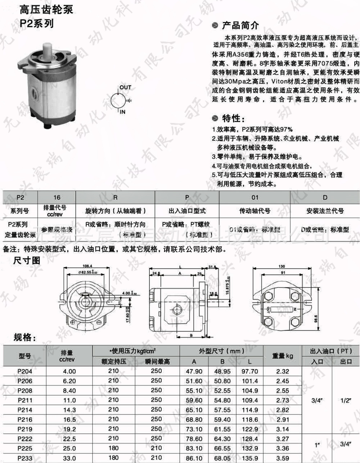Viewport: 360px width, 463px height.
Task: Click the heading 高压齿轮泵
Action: point(47,9)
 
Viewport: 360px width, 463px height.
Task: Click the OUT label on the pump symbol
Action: point(126,88)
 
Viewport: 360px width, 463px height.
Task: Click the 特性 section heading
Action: point(233,119)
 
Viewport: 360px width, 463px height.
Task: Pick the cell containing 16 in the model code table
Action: point(57,197)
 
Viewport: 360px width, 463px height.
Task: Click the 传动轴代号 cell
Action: point(255,211)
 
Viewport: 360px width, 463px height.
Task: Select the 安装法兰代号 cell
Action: point(325,211)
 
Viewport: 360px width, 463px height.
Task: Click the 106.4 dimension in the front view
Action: point(87,266)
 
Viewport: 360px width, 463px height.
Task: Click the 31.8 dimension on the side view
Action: point(212,267)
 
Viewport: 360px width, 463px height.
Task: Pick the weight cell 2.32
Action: point(283,371)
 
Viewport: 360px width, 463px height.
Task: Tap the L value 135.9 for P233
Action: point(250,458)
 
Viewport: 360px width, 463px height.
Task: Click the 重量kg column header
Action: point(283,356)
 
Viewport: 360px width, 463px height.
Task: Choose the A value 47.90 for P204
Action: point(194,371)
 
